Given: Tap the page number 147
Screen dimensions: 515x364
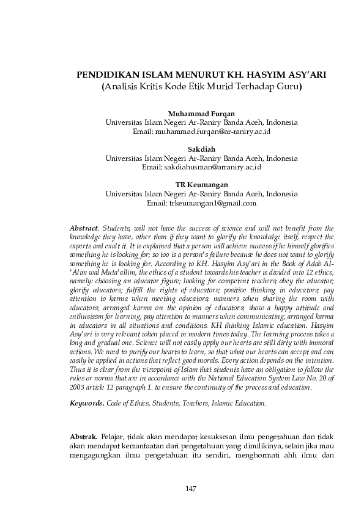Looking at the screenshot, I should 190,487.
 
